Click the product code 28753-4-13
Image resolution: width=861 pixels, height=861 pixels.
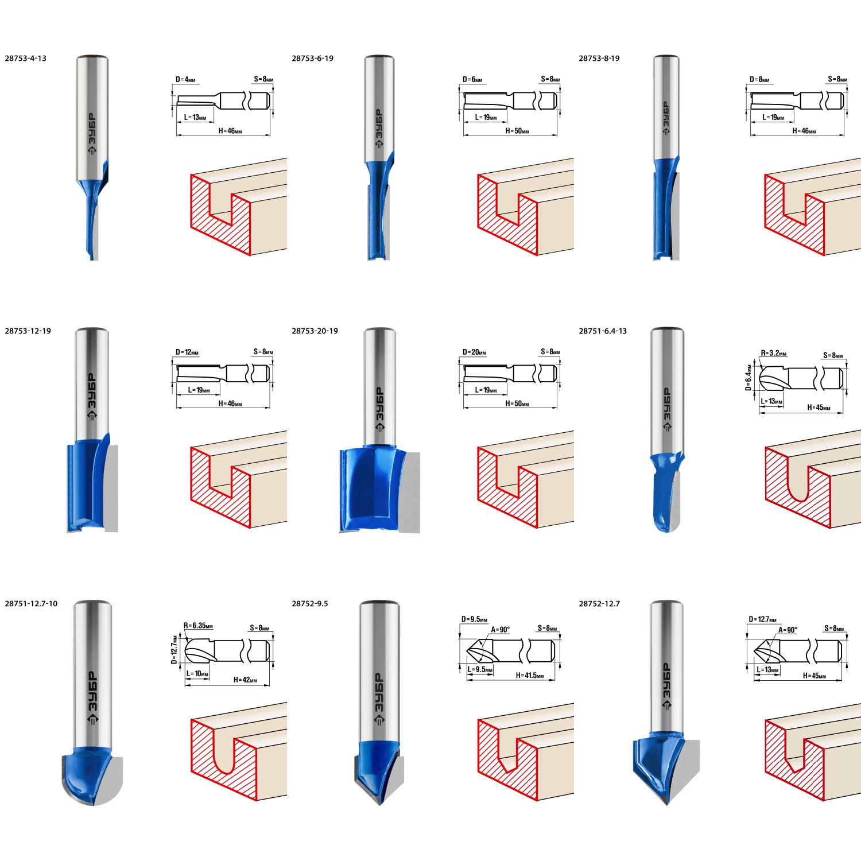tap(25, 58)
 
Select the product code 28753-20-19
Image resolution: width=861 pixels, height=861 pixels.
tap(315, 331)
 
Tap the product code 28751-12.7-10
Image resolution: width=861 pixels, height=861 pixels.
tap(31, 603)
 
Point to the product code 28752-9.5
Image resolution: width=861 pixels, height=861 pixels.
tap(310, 603)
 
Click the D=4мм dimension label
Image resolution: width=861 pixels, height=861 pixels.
tap(186, 80)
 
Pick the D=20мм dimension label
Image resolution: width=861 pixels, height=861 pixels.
tap(475, 352)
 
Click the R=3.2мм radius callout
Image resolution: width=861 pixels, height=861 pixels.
tap(774, 353)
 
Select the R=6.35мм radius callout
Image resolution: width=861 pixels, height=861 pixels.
tap(198, 626)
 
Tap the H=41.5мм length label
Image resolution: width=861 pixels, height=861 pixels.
tap(530, 676)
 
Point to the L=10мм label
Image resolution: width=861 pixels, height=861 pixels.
tap(197, 674)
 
